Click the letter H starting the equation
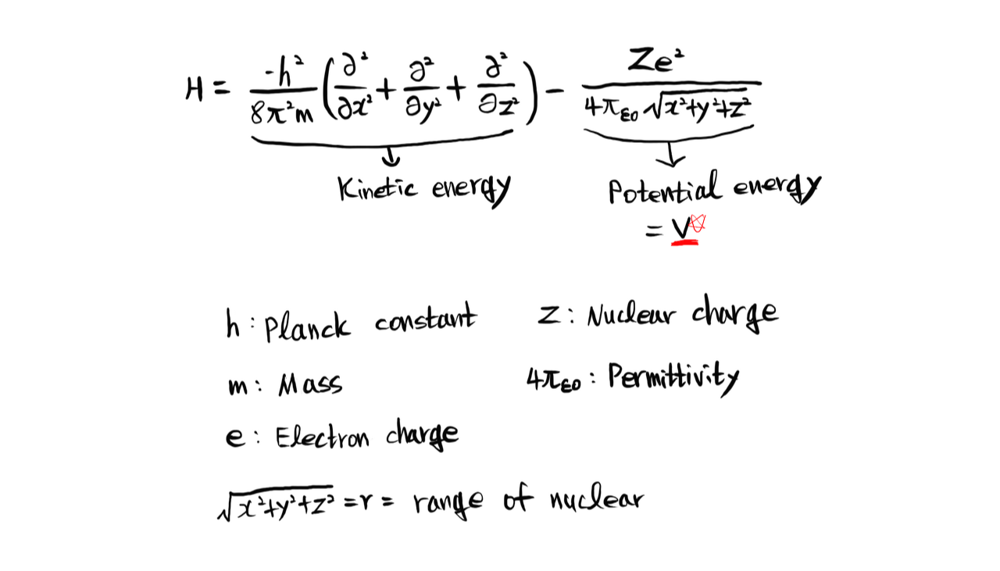[195, 90]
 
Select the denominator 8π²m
[281, 114]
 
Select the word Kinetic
[377, 187]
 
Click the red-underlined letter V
[681, 227]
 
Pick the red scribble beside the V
[698, 223]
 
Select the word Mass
[310, 384]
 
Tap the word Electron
[322, 437]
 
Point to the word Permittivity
[673, 379]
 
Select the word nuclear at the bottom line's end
[595, 498]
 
